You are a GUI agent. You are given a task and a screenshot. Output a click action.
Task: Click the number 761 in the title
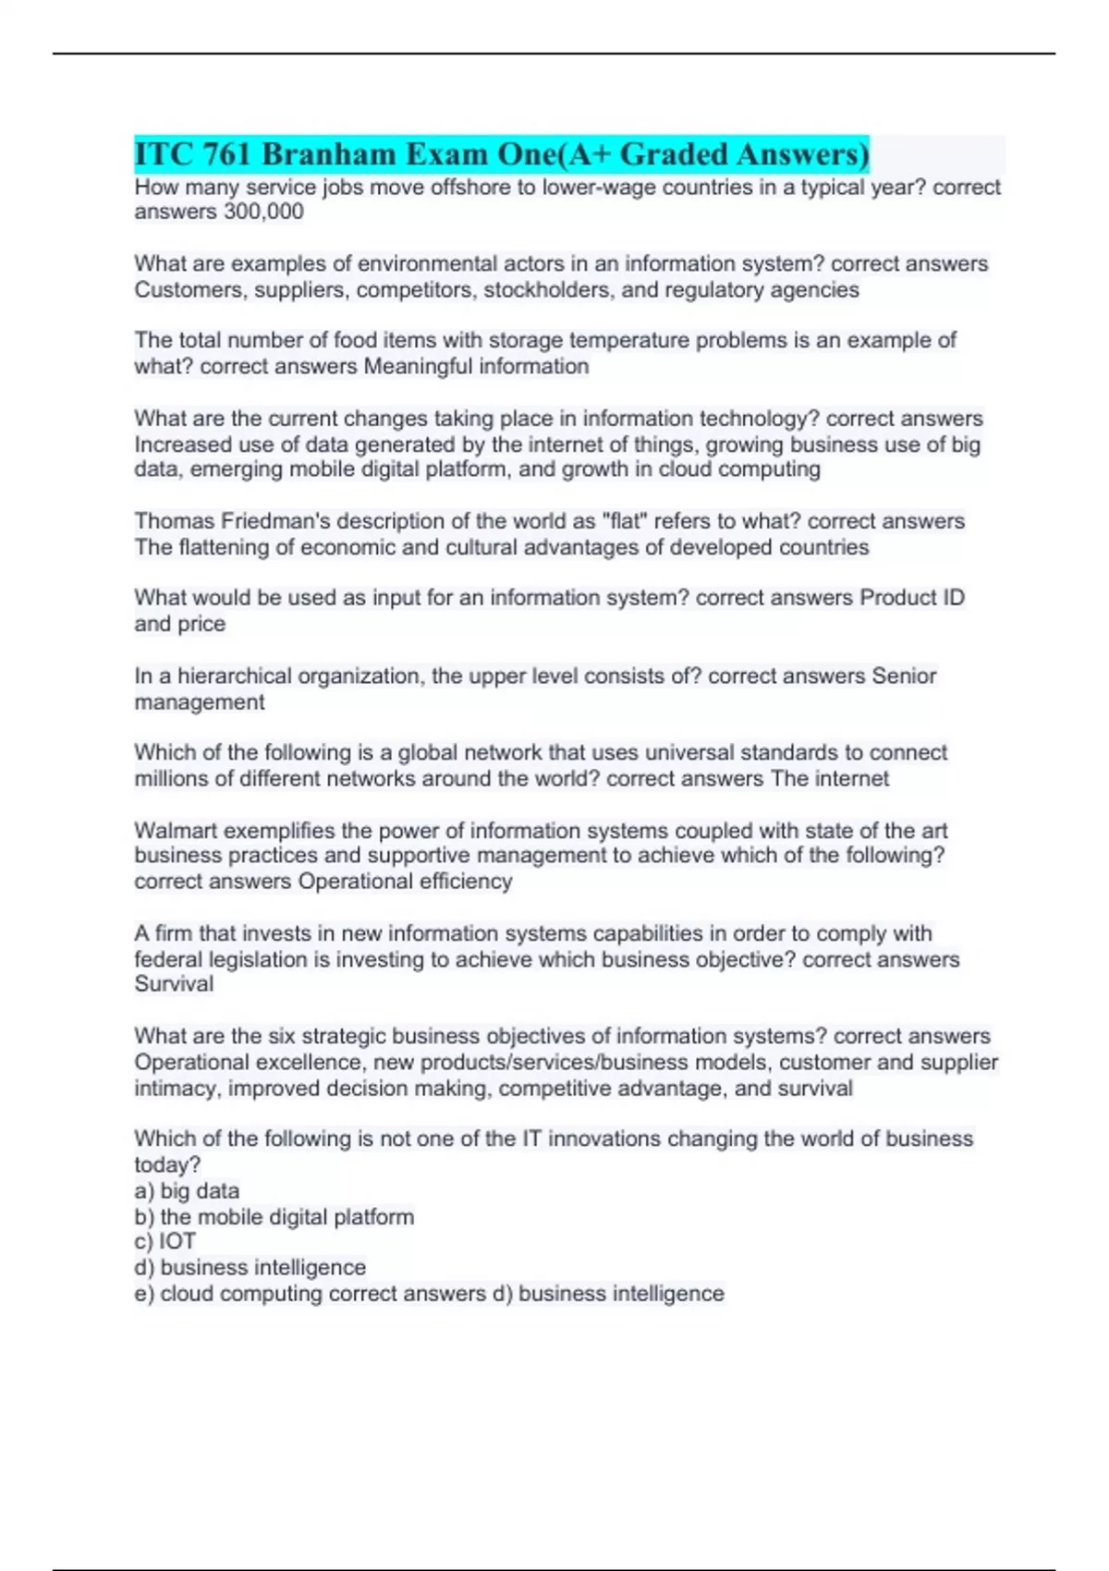227,154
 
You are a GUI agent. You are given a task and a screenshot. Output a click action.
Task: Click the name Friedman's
269,521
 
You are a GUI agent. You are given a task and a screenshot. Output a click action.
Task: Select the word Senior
904,676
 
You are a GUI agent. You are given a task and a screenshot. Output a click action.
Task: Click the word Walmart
176,831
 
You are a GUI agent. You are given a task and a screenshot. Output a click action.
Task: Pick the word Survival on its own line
174,984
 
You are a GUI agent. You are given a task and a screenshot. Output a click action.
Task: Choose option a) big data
187,1191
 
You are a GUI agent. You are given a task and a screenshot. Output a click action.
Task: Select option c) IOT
165,1242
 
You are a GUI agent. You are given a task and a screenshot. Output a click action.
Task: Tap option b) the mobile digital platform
274,1217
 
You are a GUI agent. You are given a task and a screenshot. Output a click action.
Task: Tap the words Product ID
912,598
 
